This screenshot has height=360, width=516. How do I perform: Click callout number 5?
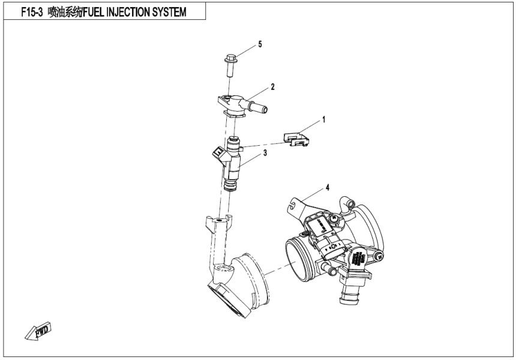tap(260, 44)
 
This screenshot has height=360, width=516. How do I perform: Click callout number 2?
tap(272, 87)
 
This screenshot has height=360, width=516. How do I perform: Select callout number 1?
tap(324, 120)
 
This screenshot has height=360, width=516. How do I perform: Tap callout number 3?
tap(264, 154)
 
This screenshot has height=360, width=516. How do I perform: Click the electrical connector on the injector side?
tap(216, 158)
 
